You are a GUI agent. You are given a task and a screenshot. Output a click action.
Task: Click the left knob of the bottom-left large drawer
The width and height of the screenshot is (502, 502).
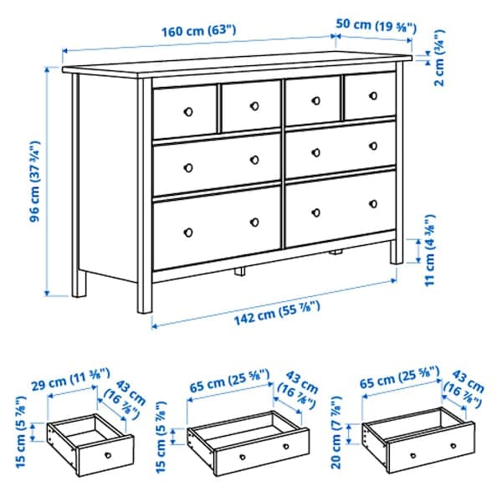point(188,232)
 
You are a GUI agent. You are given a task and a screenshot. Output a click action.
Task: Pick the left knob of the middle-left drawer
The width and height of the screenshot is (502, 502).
point(188,166)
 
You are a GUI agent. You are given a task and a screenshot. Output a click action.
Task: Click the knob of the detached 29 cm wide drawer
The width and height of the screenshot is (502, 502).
point(107,454)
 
